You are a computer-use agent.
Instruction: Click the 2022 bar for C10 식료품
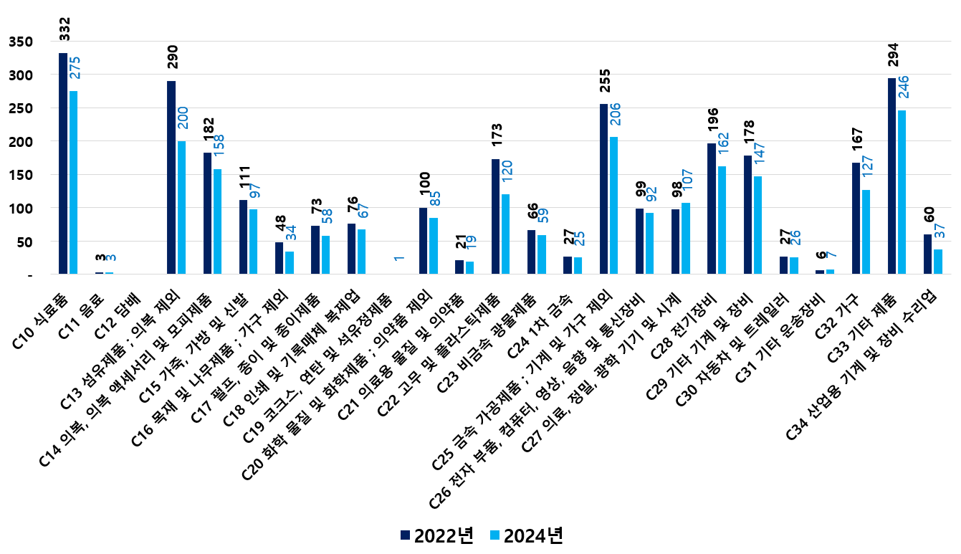(63, 163)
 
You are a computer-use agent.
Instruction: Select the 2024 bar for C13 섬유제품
(181, 208)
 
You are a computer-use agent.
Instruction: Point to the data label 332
(64, 29)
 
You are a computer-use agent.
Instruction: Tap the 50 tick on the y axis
(24, 242)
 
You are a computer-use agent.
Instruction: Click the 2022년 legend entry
(436, 535)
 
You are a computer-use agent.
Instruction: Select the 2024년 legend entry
(526, 535)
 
